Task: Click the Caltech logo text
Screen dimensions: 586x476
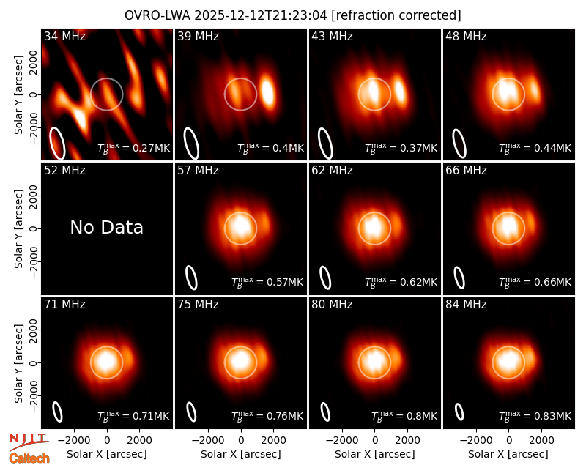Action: [29, 458]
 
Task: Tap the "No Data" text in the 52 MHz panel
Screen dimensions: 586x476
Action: [106, 228]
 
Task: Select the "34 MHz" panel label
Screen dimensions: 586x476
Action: [64, 36]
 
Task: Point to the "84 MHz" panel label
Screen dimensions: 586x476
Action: [466, 305]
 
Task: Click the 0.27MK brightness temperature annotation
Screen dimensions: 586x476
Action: [133, 148]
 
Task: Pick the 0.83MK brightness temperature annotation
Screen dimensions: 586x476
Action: [535, 415]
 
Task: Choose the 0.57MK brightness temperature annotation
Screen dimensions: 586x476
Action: [267, 282]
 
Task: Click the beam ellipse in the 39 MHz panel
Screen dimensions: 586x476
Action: [191, 143]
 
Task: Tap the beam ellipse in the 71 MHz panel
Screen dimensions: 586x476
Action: [57, 412]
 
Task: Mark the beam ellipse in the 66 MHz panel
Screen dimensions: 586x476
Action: [459, 278]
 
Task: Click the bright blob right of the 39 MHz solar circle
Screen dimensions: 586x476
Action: [267, 92]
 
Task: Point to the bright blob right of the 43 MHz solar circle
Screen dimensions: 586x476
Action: [400, 91]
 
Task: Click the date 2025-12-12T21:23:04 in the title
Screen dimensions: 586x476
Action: [261, 15]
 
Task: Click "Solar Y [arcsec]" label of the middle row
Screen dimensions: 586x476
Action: [18, 228]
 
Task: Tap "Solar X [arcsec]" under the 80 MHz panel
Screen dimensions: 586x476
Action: [375, 454]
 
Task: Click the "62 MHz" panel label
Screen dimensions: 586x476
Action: [333, 171]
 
